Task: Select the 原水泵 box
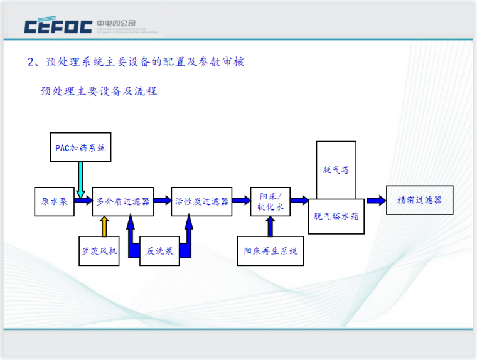54,201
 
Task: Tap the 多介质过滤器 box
123,201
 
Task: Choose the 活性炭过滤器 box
201,201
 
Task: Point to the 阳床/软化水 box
270,201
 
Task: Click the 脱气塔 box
336,170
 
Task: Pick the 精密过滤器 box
419,201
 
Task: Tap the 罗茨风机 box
99,251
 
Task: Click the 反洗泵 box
159,251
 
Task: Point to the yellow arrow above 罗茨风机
105,226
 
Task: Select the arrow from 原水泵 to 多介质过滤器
83,201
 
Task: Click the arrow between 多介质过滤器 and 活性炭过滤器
163,201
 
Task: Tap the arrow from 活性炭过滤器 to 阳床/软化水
240,201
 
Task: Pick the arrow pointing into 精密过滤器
376,201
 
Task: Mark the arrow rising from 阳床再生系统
271,226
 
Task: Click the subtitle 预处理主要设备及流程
99,92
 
